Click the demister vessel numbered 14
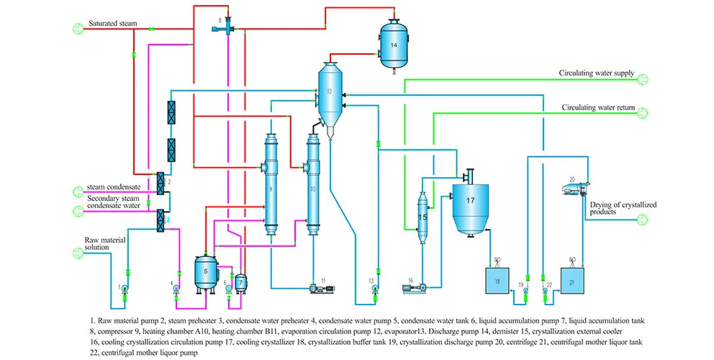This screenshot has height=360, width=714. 394,44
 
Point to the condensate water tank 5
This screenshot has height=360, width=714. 206,271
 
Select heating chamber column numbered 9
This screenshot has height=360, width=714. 271,184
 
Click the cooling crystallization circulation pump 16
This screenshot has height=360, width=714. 416,289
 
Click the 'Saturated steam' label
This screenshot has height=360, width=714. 112,24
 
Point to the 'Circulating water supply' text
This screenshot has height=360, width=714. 597,73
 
